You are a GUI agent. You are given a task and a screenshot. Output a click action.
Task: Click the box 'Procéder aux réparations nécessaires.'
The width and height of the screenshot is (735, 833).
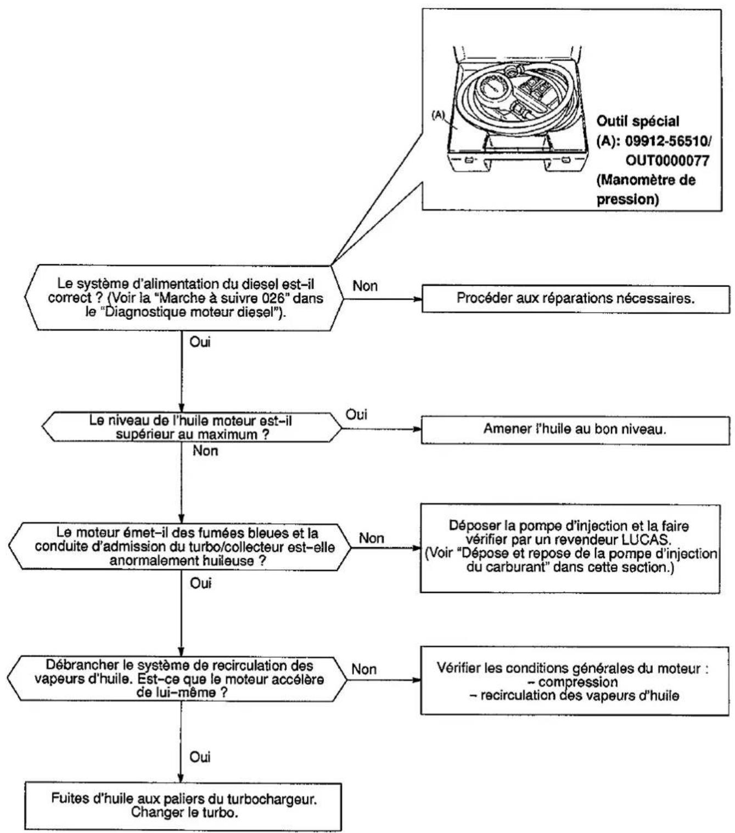[575, 299]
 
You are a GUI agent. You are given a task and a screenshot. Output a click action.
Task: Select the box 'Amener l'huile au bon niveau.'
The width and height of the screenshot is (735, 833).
[575, 429]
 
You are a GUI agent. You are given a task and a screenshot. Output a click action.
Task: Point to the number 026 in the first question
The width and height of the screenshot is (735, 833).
[273, 298]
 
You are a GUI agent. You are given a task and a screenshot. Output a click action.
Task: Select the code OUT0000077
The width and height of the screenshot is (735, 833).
[667, 160]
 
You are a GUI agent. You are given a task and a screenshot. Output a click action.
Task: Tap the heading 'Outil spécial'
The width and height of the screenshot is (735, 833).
[638, 121]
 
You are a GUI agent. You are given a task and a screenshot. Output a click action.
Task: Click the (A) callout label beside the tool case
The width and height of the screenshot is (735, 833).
[439, 115]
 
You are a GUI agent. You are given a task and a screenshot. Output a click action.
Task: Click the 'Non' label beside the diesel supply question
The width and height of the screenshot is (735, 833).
[364, 286]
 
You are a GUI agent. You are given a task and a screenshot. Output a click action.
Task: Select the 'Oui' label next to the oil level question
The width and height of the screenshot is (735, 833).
[356, 415]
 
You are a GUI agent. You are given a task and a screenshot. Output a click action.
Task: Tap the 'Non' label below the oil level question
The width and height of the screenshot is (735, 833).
[205, 451]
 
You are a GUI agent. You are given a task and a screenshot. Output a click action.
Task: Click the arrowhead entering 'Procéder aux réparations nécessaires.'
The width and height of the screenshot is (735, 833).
[418, 299]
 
